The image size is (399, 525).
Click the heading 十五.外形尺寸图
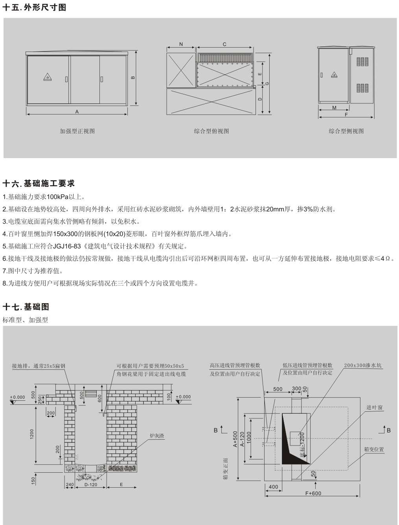[35, 7]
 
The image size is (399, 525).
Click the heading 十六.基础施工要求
[39, 184]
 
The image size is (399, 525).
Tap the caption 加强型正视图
[77, 131]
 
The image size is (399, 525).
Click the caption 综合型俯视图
[211, 131]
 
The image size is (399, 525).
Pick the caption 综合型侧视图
[346, 131]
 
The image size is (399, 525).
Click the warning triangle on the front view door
[48, 77]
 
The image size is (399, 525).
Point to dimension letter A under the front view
[77, 112]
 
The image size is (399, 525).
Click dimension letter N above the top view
[181, 44]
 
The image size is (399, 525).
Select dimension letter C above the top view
[224, 44]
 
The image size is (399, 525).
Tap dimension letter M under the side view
[334, 108]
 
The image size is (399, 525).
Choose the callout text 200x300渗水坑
[363, 365]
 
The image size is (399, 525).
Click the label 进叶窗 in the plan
[375, 408]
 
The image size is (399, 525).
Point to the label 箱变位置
[374, 449]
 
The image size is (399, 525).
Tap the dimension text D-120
[91, 485]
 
